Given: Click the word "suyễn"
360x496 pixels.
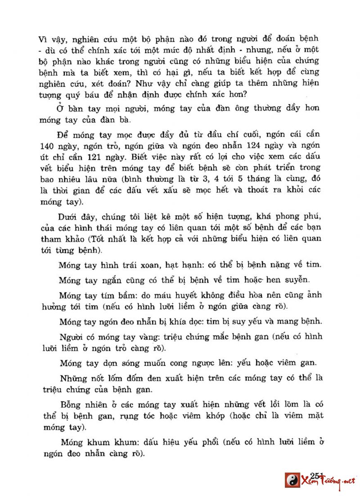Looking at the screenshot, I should [x=297, y=280].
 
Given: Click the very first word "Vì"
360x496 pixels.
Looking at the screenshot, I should [x=43, y=38].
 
